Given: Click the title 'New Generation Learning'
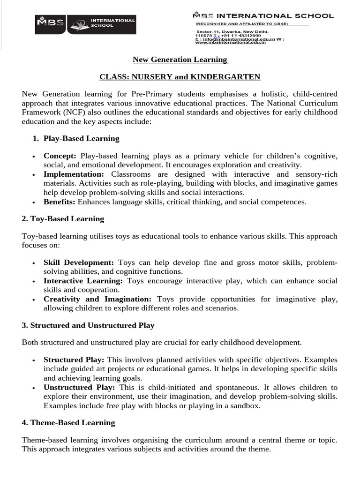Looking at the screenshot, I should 180,60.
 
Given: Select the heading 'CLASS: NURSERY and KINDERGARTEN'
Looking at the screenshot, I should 180,76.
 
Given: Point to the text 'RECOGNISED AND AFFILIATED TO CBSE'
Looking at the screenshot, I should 242,23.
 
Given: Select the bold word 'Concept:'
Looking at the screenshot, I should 60,156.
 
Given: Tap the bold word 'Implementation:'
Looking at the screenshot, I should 74,174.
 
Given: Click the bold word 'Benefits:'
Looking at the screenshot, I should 60,202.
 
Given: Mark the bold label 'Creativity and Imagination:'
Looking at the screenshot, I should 97,299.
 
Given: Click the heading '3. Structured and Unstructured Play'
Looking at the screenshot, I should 88,325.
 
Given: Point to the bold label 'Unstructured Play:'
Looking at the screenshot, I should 79,388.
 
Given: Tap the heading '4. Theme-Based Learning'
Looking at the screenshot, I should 68,422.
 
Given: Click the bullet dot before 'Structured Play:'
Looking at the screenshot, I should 34,360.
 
